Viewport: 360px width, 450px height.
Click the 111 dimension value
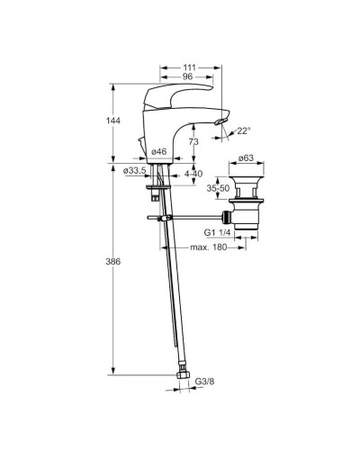pos(189,67)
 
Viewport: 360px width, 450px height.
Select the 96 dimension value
pos(187,76)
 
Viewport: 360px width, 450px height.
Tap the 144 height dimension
pos(113,121)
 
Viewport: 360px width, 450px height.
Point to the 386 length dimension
pos(113,262)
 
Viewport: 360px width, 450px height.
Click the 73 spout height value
pos(193,141)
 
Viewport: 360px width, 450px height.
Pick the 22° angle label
pos(244,130)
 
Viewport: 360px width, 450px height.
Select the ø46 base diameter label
pos(159,152)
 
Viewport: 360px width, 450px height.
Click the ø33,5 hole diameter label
pos(135,171)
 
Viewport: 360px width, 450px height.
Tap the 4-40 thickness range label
pos(193,174)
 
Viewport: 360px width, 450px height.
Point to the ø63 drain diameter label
pos(246,157)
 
